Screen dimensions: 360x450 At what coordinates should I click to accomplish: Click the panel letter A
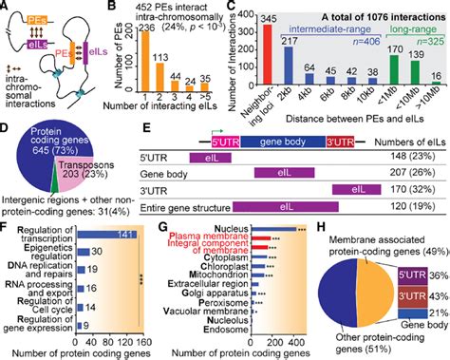(x=6, y=8)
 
